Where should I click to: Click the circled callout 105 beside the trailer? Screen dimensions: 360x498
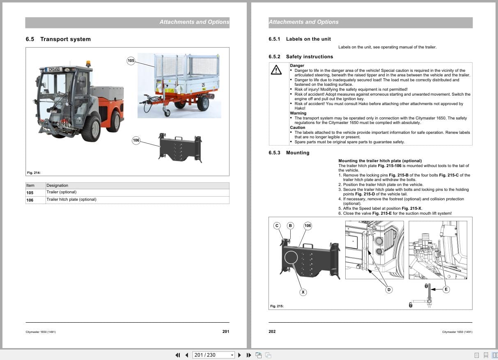(x=131, y=61)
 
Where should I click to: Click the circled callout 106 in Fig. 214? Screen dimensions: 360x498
(x=136, y=140)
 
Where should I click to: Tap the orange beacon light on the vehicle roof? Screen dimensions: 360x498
(x=88, y=64)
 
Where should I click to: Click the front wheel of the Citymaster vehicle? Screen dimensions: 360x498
(x=91, y=128)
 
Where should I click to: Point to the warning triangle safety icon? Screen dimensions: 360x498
(x=276, y=70)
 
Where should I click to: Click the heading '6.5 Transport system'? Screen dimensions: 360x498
(x=58, y=39)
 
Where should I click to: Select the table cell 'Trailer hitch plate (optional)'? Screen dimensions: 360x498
(x=71, y=199)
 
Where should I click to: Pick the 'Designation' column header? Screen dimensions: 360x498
(x=57, y=186)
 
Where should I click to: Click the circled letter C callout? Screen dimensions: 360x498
(x=277, y=225)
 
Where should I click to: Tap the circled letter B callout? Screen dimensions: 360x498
(x=290, y=225)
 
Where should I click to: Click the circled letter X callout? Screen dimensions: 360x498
(x=303, y=292)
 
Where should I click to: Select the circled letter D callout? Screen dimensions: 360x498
(x=389, y=290)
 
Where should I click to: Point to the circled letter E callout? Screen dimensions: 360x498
(x=446, y=289)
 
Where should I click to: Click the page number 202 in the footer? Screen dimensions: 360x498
(x=272, y=332)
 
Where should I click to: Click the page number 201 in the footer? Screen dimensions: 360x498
(x=225, y=332)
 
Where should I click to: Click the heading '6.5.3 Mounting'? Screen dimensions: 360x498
(x=289, y=153)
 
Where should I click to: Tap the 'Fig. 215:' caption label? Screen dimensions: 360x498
(x=277, y=306)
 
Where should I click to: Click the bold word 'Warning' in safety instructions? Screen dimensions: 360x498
(x=298, y=113)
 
